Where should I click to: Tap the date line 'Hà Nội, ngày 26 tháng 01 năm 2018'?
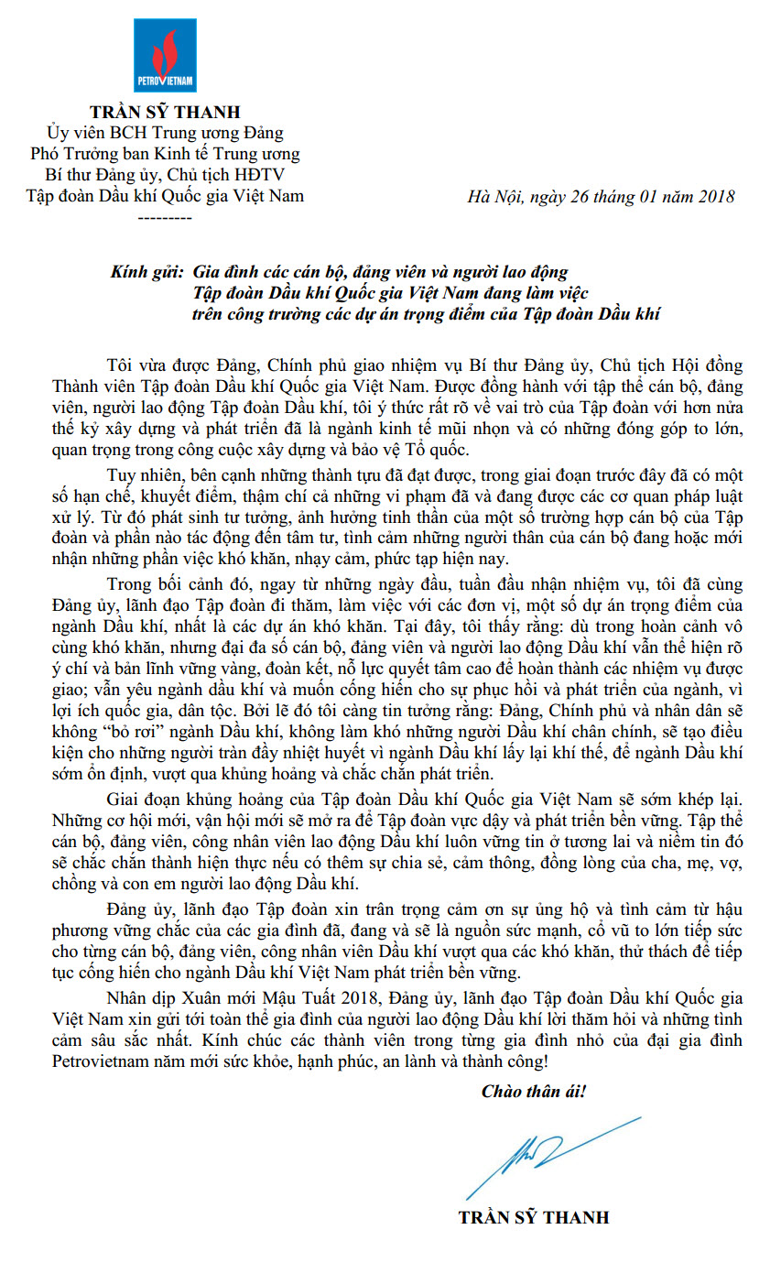tap(600, 197)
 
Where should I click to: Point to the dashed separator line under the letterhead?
tap(164, 218)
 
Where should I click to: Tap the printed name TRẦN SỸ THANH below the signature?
tap(534, 1217)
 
